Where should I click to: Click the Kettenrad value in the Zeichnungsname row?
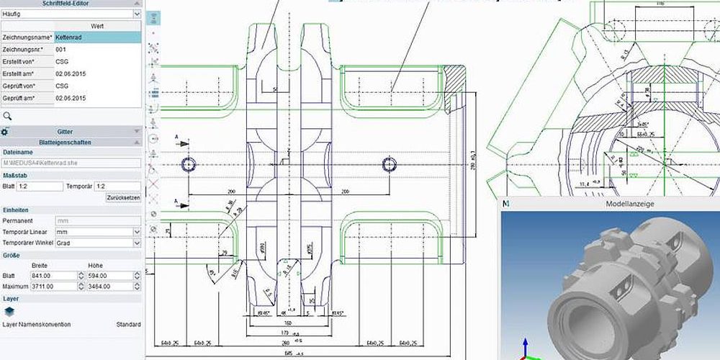(x=97, y=37)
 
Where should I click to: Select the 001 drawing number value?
(x=97, y=49)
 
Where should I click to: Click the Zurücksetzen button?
(x=123, y=197)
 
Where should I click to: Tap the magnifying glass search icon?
(x=7, y=115)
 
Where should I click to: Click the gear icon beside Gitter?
(x=4, y=132)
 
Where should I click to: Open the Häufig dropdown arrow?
(x=137, y=13)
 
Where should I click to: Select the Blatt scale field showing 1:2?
(x=40, y=186)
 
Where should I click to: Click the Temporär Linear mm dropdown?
(x=97, y=232)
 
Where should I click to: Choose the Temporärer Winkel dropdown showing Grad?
(x=97, y=243)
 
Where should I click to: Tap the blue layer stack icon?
(x=9, y=311)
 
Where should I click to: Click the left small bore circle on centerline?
(x=189, y=164)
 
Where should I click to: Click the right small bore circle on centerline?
(x=390, y=164)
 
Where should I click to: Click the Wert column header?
(x=97, y=26)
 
